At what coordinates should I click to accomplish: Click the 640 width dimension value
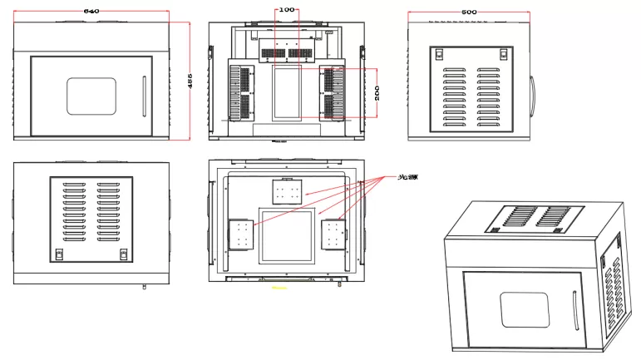[x=91, y=11]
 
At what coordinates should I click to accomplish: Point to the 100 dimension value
[x=286, y=9]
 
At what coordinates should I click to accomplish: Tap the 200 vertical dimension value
[x=377, y=91]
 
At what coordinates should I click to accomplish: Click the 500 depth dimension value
[x=469, y=12]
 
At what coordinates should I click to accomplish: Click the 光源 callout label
[x=407, y=178]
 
